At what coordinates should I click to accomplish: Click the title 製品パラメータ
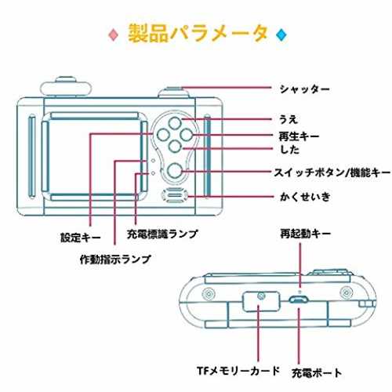pyautogui.click(x=198, y=34)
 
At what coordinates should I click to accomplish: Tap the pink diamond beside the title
pyautogui.click(x=114, y=34)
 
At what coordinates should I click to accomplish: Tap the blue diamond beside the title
pyautogui.click(x=281, y=34)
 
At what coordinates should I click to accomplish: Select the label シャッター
pyautogui.click(x=304, y=89)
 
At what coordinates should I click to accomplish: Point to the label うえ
pyautogui.click(x=289, y=119)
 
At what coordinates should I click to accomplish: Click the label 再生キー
pyautogui.click(x=299, y=136)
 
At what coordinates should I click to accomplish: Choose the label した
pyautogui.click(x=289, y=150)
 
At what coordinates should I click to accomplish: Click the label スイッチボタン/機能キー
pyautogui.click(x=332, y=172)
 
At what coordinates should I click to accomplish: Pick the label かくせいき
pyautogui.click(x=305, y=197)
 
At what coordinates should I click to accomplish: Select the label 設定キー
pyautogui.click(x=81, y=238)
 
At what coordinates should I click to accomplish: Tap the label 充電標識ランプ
pyautogui.click(x=162, y=234)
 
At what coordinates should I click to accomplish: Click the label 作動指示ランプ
pyautogui.click(x=115, y=259)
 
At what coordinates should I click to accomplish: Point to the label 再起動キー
pyautogui.click(x=306, y=234)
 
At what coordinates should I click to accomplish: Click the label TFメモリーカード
pyautogui.click(x=238, y=371)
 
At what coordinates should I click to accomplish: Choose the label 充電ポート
pyautogui.click(x=317, y=372)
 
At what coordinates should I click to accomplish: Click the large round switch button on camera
pyautogui.click(x=175, y=171)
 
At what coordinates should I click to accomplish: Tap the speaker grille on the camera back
pyautogui.click(x=175, y=195)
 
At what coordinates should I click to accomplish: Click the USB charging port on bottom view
pyautogui.click(x=299, y=299)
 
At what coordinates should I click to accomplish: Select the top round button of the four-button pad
pyautogui.click(x=175, y=123)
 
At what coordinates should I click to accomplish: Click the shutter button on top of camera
pyautogui.click(x=174, y=93)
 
